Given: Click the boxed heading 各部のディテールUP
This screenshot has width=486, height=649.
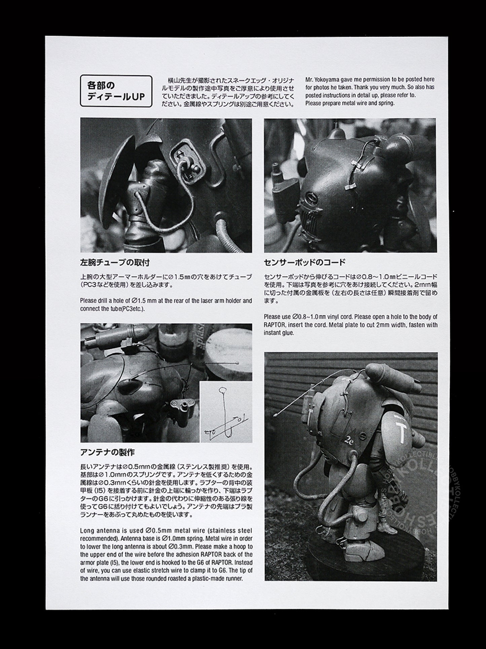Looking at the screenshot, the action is coord(116,91).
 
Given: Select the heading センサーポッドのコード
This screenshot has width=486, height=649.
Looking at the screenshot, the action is coord(305,262).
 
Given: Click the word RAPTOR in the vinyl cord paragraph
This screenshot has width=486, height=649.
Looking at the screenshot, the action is coord(273,325).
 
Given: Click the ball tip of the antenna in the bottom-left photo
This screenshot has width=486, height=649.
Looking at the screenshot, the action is coord(238,363).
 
